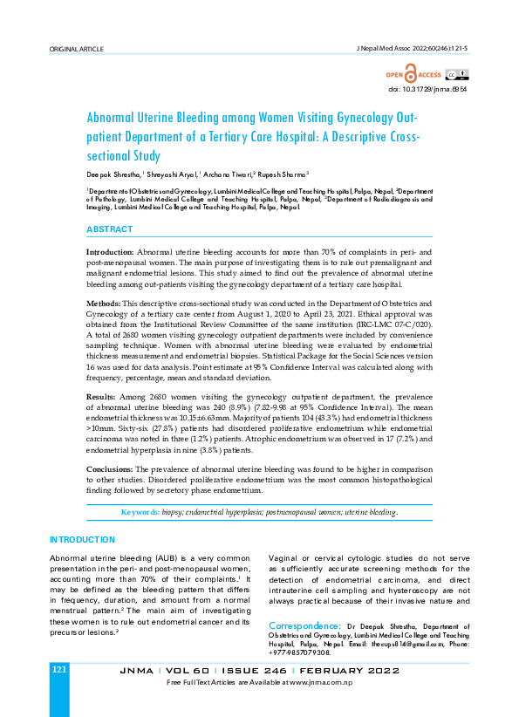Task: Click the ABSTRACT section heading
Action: pos(109,229)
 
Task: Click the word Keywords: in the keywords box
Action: pos(140,512)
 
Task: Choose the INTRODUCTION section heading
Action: pos(82,540)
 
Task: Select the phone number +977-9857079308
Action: pos(299,652)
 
